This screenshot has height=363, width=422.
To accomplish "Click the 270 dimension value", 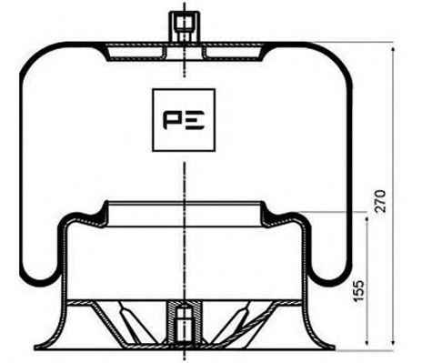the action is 380,201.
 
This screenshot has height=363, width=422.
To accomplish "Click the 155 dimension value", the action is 358,290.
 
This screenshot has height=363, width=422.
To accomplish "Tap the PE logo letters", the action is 184,120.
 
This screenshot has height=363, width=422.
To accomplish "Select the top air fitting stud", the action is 185,26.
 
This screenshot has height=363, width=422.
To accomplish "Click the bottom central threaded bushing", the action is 185,322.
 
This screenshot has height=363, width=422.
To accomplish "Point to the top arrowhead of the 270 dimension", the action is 393,50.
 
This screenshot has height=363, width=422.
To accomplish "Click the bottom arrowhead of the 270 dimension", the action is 393,341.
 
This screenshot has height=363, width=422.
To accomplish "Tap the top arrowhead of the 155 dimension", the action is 367,220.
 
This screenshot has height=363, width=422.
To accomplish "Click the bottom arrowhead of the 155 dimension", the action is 367,341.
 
